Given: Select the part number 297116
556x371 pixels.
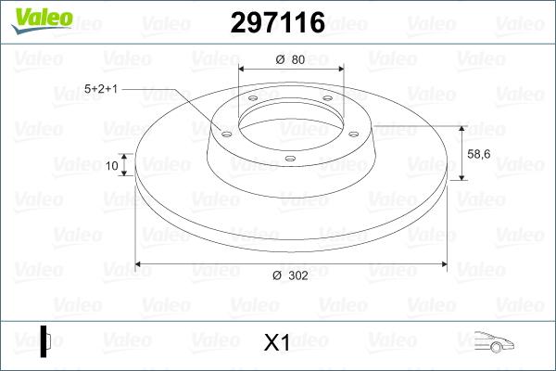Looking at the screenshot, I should pos(277,22).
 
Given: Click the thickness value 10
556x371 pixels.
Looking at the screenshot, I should pos(112,166).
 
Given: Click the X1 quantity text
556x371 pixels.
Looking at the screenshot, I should pos(277,342).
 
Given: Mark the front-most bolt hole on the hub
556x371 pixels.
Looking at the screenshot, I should pos(290,160).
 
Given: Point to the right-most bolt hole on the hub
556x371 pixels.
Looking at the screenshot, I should pos(355,131).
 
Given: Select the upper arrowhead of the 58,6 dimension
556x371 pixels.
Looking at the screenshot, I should pos(461,127).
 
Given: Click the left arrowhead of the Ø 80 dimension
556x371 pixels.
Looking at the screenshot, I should pos(243,69).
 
